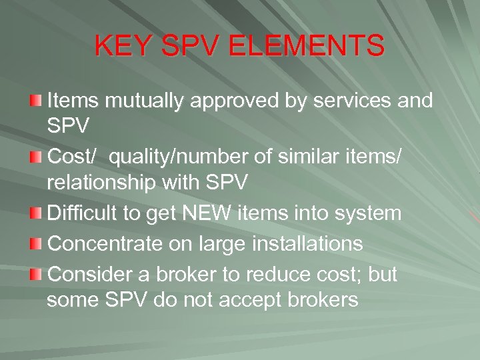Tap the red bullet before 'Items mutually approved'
pos(36,101)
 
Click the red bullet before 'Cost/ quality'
pos(36,157)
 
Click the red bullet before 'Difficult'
pos(36,214)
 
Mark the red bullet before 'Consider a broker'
pos(36,274)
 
